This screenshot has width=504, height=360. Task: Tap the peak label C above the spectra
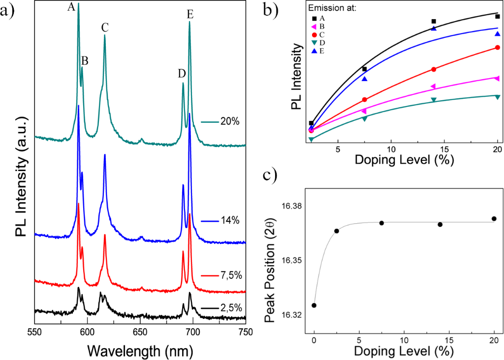point(105,28)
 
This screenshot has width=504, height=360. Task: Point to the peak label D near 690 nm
point(182,74)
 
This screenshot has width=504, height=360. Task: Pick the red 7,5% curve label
point(223,275)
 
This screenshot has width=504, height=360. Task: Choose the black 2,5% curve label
point(223,308)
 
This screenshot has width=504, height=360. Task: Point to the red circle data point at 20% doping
point(498,47)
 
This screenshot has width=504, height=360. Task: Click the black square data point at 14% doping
point(434,21)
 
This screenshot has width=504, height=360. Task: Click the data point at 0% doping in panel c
point(314,305)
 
